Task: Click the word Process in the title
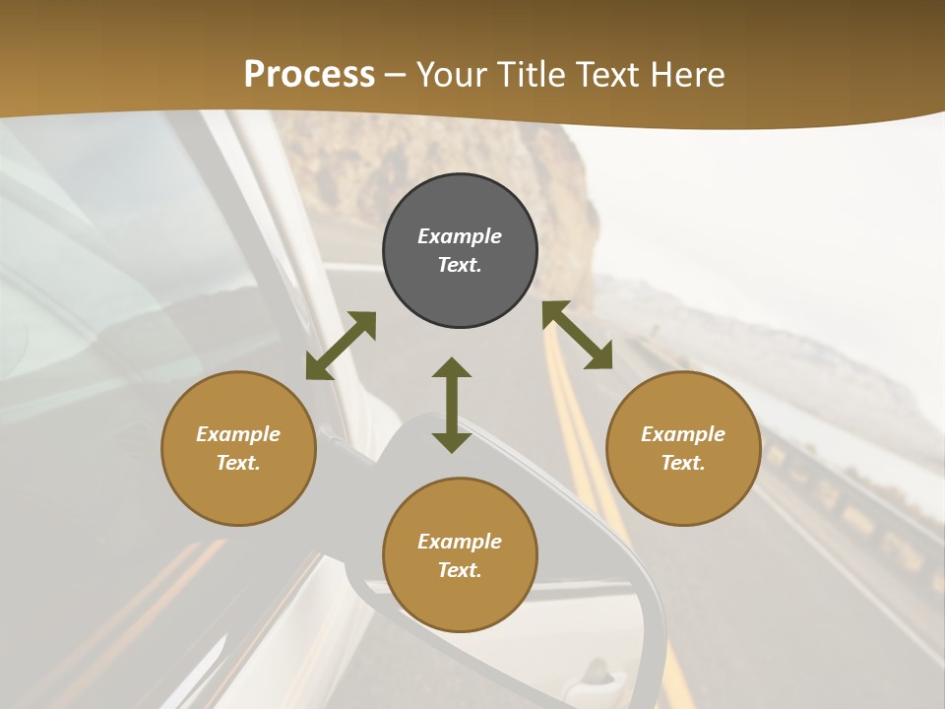309,75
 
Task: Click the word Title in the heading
531,75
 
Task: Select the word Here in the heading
688,75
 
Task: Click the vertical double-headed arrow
452,405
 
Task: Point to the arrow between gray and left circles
341,346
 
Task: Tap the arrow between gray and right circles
578,335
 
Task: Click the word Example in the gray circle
460,236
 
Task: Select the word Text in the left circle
238,463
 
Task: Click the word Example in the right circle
683,434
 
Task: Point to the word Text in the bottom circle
460,570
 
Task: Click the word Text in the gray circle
460,265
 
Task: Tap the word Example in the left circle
238,434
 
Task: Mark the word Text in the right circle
683,463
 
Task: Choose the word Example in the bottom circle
460,542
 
